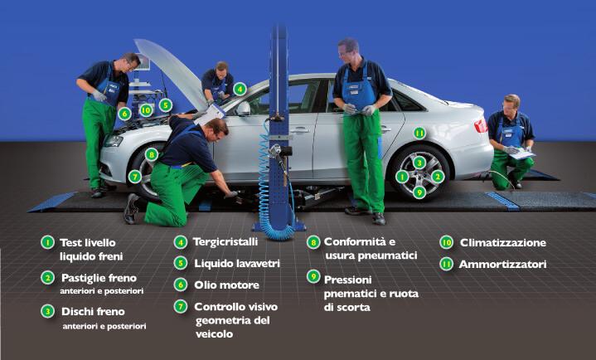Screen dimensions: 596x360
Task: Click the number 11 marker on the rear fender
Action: pos(419,134)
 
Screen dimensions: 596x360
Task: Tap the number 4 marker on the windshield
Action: pos(240,89)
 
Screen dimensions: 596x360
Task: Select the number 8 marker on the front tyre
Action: pos(152,154)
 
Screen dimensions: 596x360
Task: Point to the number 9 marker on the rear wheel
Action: pos(419,192)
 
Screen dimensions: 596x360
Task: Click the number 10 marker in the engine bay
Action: pos(146,110)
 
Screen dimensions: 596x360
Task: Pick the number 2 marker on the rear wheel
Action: pos(438,176)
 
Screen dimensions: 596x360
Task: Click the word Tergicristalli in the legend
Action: pos(225,242)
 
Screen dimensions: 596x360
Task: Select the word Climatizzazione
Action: pos(503,243)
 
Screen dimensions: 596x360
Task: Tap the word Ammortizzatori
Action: pos(502,264)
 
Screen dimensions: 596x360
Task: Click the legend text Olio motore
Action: pos(226,285)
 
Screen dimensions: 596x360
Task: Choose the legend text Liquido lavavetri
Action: pos(237,263)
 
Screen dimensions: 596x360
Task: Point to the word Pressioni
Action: pos(348,280)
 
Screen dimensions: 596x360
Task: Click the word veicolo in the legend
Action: pos(215,334)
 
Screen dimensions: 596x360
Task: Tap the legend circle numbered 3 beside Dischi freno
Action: pos(47,311)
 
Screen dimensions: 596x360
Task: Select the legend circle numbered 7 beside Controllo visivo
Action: pos(181,306)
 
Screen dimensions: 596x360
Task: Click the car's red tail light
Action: pos(481,125)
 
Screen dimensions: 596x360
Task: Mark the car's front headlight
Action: pos(114,141)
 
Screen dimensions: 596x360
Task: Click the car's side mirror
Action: pos(244,109)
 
